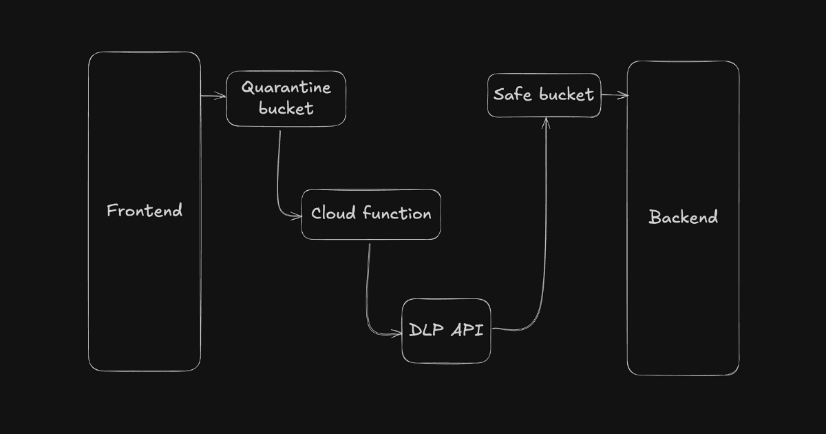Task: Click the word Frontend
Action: (145, 211)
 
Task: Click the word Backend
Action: (683, 218)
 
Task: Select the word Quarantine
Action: (286, 88)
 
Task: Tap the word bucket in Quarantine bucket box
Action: (286, 108)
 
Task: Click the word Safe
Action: (513, 95)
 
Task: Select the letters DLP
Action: (425, 331)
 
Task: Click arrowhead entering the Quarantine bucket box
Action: (222, 96)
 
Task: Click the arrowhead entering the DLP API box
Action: (398, 333)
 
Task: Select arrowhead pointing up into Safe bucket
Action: (547, 122)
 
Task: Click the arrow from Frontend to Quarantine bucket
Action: (213, 96)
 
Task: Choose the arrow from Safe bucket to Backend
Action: (614, 96)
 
